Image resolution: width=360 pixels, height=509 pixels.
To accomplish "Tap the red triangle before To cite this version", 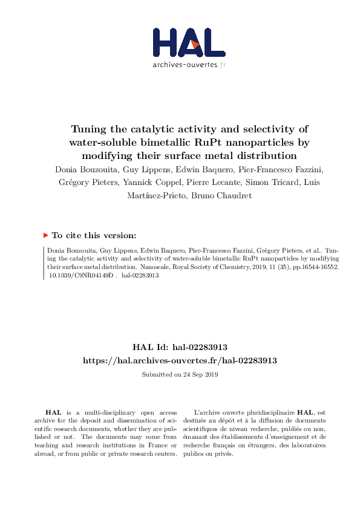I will point(45,236).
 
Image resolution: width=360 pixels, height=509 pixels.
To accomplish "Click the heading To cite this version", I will point(94,236).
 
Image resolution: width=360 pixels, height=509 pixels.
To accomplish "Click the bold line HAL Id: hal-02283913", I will point(180,347).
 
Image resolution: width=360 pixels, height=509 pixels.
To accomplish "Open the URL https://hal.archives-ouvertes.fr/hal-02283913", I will point(180,360).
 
